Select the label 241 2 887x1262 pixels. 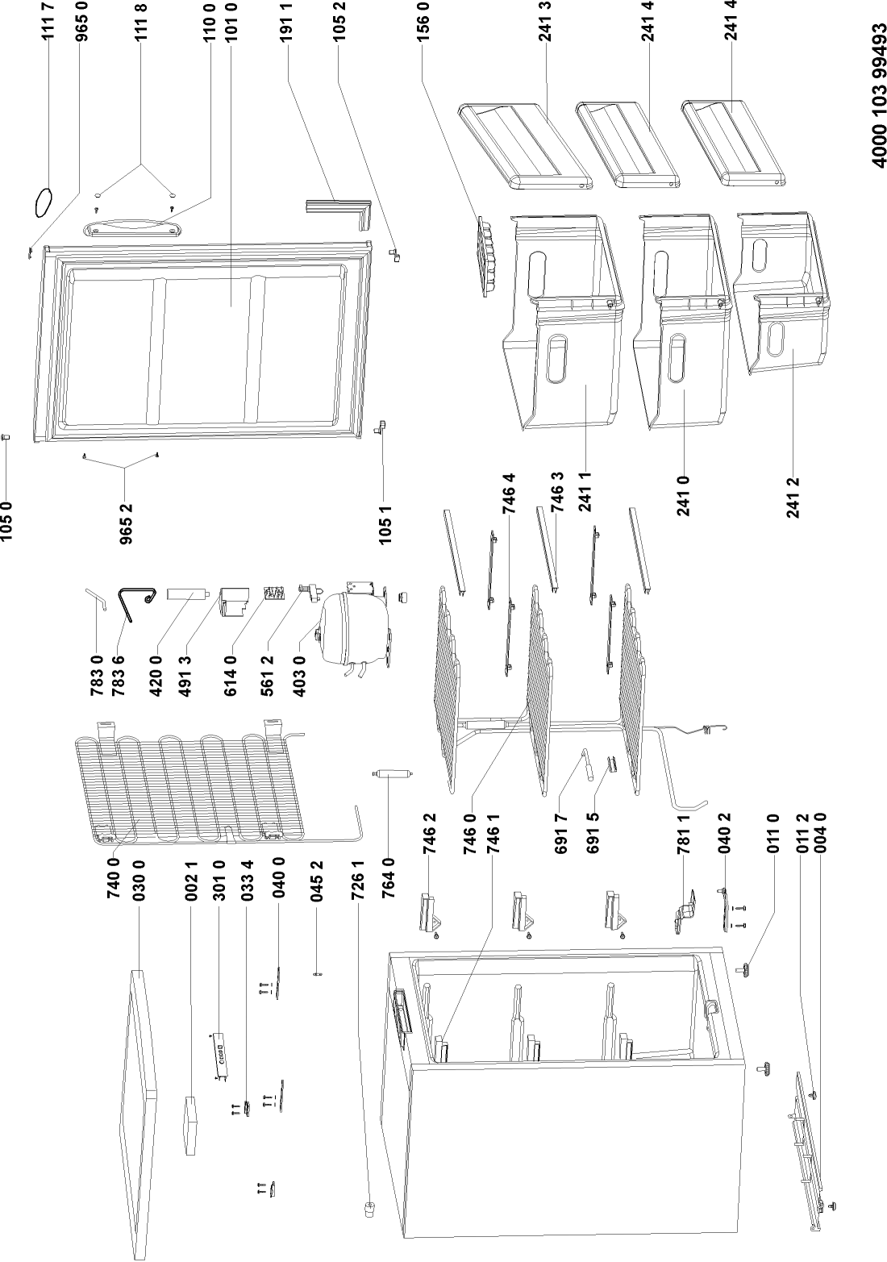click(x=796, y=496)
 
